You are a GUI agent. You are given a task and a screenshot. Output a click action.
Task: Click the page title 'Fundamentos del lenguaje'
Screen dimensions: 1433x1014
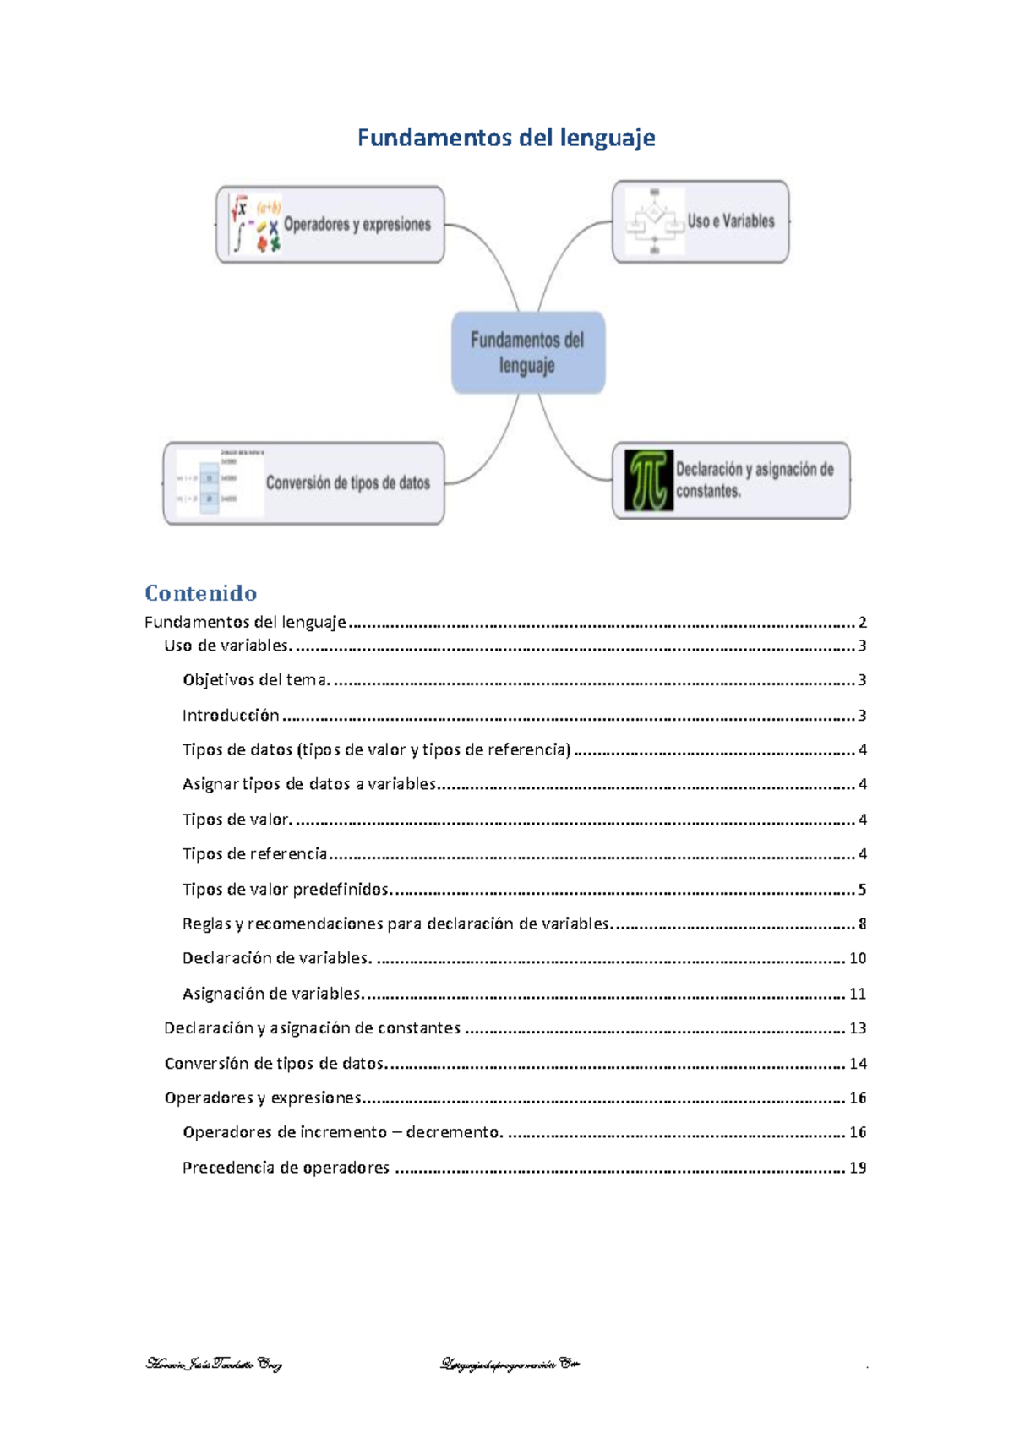pos(506,138)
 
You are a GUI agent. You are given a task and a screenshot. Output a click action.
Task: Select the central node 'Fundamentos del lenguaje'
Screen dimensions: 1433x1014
pos(527,352)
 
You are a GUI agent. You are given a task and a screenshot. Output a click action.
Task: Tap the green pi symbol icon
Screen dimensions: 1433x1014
pos(649,480)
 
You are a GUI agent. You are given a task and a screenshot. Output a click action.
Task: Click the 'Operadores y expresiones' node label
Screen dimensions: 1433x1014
pos(357,225)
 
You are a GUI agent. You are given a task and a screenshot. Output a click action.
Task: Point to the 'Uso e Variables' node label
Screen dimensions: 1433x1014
pos(731,221)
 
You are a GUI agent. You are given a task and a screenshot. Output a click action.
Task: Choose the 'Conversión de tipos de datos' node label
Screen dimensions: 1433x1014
pos(347,483)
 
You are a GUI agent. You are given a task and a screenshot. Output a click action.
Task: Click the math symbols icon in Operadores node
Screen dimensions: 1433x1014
pos(256,225)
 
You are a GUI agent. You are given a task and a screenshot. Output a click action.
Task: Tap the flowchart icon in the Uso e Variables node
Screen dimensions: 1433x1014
pos(655,221)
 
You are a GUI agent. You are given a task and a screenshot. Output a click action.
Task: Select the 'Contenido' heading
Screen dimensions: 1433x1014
pos(200,593)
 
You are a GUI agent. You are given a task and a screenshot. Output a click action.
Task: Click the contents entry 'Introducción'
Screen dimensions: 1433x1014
pos(231,716)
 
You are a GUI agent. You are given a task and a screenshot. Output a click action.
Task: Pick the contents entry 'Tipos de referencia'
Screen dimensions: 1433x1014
pos(254,854)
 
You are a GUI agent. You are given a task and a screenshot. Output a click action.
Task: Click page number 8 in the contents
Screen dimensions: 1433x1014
pos(862,924)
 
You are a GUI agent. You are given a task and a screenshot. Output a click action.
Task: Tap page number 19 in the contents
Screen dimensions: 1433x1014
pos(858,1168)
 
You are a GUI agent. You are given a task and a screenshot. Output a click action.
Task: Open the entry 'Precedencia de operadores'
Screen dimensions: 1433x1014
pos(286,1168)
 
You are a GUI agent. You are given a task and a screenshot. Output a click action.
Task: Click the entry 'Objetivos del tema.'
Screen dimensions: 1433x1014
pos(256,680)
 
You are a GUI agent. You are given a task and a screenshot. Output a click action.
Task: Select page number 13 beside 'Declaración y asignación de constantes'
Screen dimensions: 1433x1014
pos(858,1028)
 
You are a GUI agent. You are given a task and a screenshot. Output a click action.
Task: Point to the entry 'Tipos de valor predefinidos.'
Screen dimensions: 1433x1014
pos(287,890)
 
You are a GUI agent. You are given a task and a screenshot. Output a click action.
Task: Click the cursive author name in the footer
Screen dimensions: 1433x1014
pos(214,1364)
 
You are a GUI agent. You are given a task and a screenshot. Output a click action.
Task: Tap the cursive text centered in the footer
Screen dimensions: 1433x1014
pos(510,1364)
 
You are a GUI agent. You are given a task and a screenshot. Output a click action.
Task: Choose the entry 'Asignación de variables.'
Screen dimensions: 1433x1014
pos(272,994)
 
